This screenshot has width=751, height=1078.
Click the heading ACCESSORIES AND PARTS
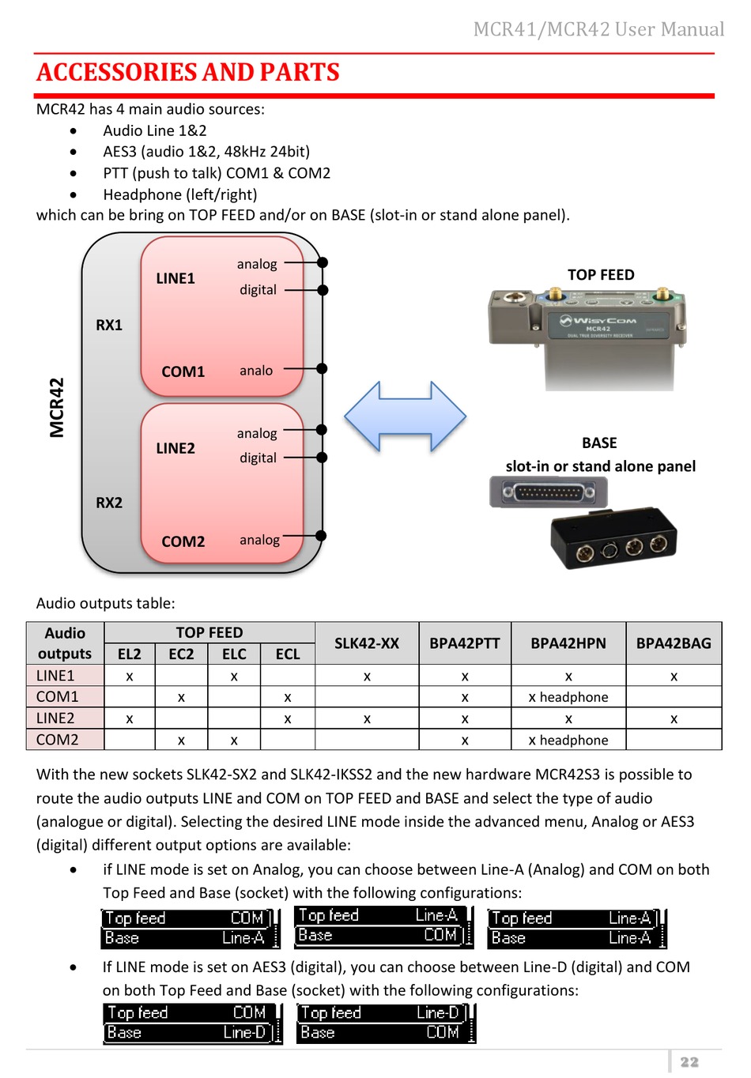click(x=188, y=72)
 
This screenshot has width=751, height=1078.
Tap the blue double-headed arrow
click(x=405, y=416)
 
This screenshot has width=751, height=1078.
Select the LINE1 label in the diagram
click(x=175, y=278)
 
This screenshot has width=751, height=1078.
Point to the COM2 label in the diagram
click(x=183, y=541)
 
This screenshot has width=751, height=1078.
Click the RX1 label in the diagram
click(x=109, y=325)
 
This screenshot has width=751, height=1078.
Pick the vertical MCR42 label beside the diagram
click(x=57, y=408)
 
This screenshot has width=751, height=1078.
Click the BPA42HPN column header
click(x=568, y=643)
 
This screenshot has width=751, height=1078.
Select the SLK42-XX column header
click(x=367, y=643)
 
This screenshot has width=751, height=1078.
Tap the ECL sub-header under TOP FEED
click(x=288, y=654)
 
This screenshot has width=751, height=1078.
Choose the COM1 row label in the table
click(x=57, y=696)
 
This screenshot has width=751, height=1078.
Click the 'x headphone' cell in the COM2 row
click(x=568, y=740)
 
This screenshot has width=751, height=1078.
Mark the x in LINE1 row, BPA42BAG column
click(x=674, y=677)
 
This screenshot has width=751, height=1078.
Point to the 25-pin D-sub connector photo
click(x=549, y=492)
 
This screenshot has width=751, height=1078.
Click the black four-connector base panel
click(x=613, y=538)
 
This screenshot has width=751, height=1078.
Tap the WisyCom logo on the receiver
click(x=598, y=320)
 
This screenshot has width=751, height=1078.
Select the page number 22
click(x=689, y=1061)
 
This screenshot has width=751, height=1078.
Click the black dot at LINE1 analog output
click(x=323, y=262)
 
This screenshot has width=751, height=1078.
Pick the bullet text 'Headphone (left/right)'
click(x=180, y=194)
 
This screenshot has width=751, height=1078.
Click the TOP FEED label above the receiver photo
click(x=601, y=274)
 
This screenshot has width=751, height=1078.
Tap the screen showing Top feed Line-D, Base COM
click(x=386, y=1023)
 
